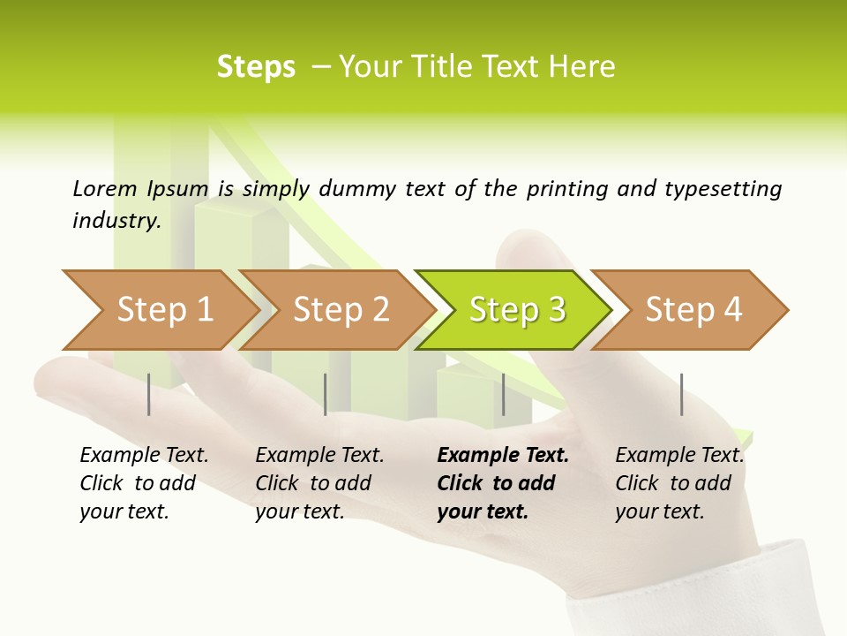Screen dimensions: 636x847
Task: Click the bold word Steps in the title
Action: [256, 67]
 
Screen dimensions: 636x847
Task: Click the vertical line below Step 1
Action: [149, 394]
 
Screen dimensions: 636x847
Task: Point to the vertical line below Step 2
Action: [326, 394]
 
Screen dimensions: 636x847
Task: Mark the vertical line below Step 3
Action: [503, 394]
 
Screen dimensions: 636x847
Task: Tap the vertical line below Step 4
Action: [681, 394]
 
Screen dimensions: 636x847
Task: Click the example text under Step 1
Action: [143, 483]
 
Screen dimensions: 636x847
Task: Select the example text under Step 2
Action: [319, 483]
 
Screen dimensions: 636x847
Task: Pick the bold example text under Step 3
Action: [502, 483]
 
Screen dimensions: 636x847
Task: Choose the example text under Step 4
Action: [678, 483]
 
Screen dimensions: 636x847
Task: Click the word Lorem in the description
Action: [105, 189]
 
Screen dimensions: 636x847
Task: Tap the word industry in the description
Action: [116, 221]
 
